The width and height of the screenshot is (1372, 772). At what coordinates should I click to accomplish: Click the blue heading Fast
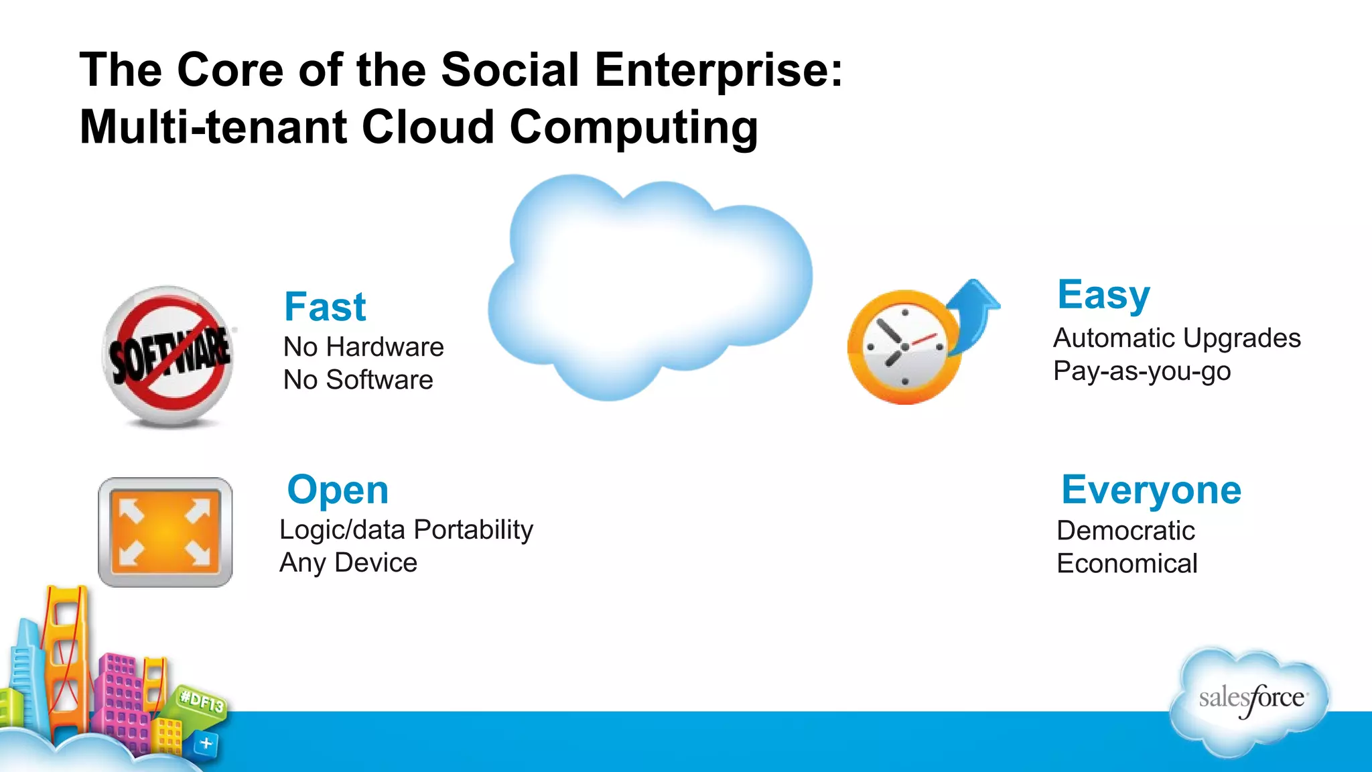[x=325, y=307]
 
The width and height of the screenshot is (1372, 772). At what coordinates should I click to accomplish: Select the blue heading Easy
[x=1103, y=295]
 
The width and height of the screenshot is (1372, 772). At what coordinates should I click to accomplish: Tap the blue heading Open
[x=338, y=490]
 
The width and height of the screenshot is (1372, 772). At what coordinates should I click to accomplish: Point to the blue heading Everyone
[x=1151, y=490]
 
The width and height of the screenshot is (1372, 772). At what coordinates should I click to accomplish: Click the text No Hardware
[x=363, y=347]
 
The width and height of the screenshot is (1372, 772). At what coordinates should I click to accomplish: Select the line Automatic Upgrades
[x=1176, y=338]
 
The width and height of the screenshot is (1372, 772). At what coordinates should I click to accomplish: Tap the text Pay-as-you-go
[x=1142, y=371]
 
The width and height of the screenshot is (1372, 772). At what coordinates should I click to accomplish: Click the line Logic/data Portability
[x=406, y=529]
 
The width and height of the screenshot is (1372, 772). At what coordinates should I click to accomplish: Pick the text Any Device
[x=348, y=563]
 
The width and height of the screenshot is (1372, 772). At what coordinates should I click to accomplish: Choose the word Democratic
[x=1125, y=531]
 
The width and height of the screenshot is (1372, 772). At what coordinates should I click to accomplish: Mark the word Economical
[x=1127, y=564]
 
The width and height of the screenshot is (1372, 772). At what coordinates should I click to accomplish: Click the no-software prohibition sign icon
[x=169, y=355]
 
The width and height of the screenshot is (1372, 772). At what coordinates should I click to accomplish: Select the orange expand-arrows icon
[x=165, y=532]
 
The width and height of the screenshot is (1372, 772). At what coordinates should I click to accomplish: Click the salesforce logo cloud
[x=1250, y=700]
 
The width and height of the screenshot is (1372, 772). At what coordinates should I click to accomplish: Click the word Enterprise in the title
[x=711, y=70]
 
